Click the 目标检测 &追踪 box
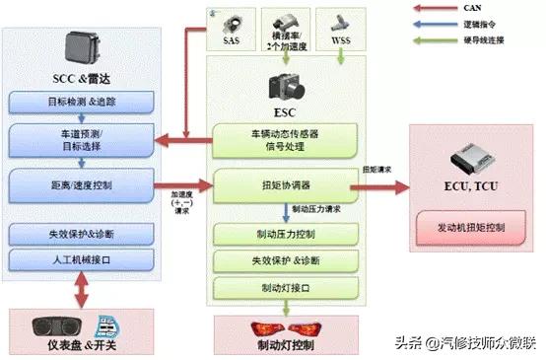[81, 102]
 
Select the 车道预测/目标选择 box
[81, 138]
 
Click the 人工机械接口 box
[81, 258]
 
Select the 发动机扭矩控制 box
[471, 227]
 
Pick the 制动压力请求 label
[317, 209]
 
